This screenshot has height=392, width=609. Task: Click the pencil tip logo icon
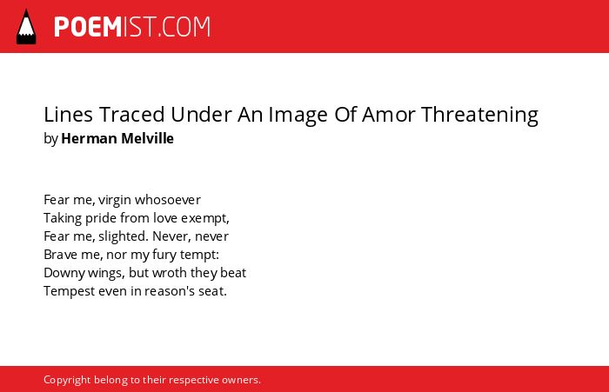pos(26,26)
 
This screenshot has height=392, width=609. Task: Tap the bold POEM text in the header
pos(88,27)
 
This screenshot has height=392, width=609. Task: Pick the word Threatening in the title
pos(479,116)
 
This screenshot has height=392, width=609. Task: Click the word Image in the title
pos(298,116)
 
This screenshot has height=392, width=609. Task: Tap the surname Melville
pos(147,138)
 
